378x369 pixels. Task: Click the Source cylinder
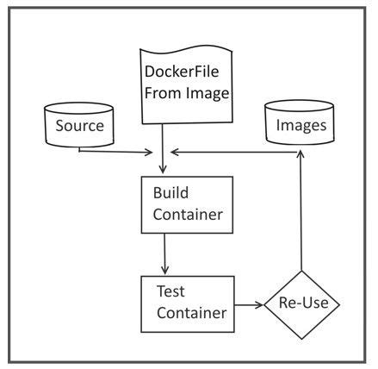80,126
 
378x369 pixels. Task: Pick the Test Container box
188,303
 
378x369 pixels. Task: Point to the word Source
80,127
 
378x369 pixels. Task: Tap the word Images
300,126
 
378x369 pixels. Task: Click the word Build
171,194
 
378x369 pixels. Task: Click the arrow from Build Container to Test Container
164,253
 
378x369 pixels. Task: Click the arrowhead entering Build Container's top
164,171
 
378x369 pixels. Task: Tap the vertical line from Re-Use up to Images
300,216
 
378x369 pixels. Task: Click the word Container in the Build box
186,215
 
